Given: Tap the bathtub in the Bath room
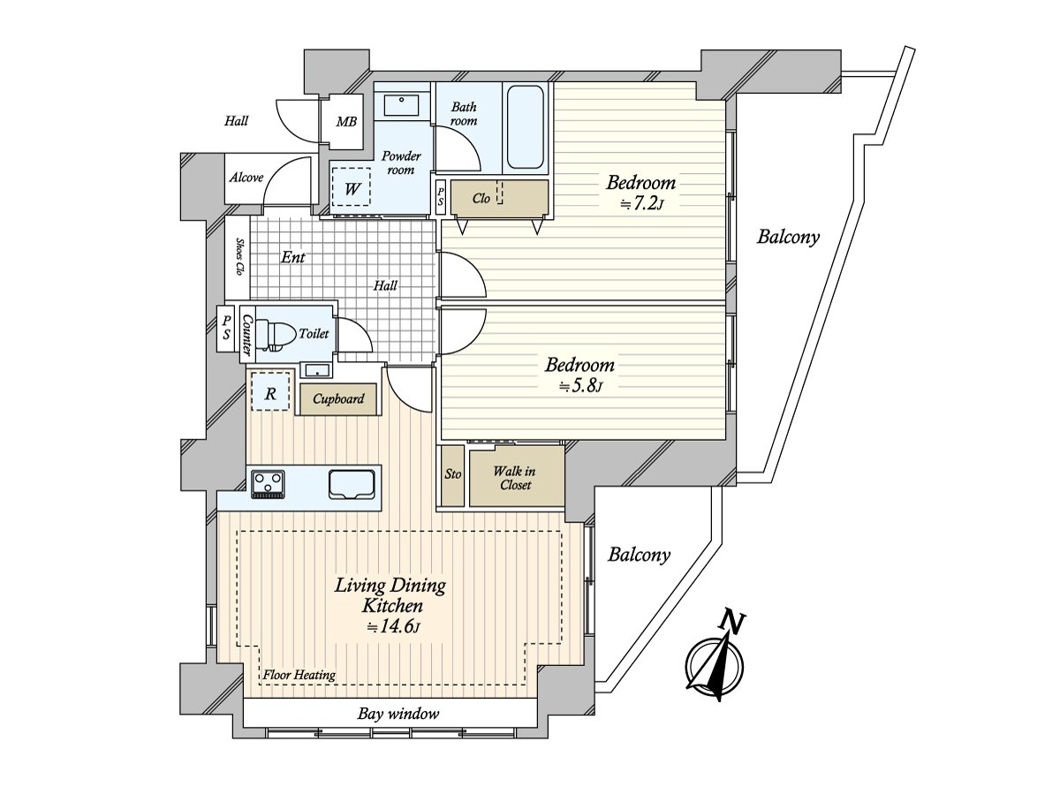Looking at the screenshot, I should (x=526, y=127).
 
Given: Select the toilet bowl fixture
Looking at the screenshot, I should (x=278, y=334).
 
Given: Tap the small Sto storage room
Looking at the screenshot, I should (x=452, y=475).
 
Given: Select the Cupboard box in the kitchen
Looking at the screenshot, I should (x=338, y=399).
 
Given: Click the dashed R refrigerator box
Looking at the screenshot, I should (x=270, y=394).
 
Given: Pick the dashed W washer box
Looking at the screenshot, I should (x=352, y=187).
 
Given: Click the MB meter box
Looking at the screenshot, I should (x=347, y=121).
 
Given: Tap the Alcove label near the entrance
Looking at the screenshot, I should (x=246, y=178).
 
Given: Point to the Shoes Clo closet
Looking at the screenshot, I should (x=238, y=259).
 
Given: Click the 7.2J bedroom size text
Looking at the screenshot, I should (x=640, y=204).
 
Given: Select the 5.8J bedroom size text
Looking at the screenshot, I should (x=579, y=385).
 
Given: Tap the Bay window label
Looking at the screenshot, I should (x=398, y=714).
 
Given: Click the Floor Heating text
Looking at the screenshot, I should (x=299, y=675).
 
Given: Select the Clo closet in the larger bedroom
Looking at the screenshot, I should (x=481, y=199).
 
